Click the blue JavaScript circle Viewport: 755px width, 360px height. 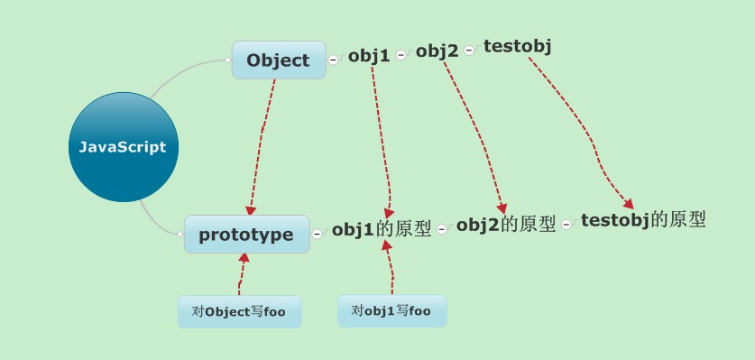click(124, 147)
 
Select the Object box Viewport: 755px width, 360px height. click(279, 60)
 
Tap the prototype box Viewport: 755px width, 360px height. click(247, 235)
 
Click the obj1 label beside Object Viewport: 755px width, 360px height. click(369, 56)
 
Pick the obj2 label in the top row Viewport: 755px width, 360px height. click(437, 51)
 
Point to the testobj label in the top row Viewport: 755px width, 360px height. click(518, 46)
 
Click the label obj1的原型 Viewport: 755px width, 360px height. click(382, 229)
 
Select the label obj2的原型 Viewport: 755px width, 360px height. click(506, 224)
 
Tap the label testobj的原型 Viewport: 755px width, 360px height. click(643, 220)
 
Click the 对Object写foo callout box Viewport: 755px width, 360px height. click(240, 312)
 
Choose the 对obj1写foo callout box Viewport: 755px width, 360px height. click(392, 311)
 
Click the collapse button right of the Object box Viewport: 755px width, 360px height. click(333, 60)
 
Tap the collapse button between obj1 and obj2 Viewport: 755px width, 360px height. click(401, 55)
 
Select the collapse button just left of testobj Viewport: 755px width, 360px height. click(469, 51)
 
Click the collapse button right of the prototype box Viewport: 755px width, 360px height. click(317, 235)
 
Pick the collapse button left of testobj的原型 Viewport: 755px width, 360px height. click(566, 224)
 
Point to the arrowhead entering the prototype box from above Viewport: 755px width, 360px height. click(251, 210)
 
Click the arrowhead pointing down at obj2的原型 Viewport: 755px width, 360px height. click(502, 208)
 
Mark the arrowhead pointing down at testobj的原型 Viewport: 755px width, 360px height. click(629, 203)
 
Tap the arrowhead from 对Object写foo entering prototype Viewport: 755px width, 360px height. click(244, 258)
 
